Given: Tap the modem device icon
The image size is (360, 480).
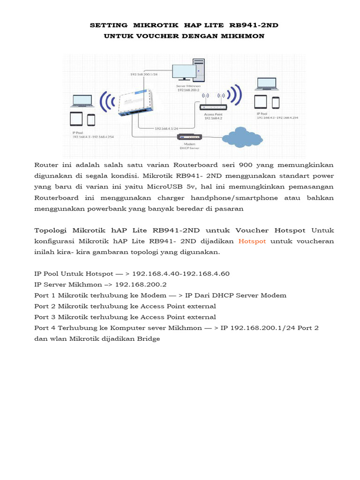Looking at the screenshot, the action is (189, 137).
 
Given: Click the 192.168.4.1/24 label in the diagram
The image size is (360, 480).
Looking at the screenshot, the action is (167, 128).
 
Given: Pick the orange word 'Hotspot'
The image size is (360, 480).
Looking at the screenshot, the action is (252, 241).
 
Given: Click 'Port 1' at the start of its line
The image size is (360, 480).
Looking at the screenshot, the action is (45, 295).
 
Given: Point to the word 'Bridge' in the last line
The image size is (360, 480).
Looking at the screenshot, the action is (149, 338).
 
